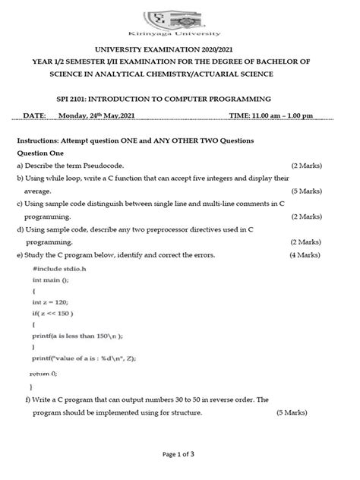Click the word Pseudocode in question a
click(x=115, y=165)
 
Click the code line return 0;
click(x=43, y=374)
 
